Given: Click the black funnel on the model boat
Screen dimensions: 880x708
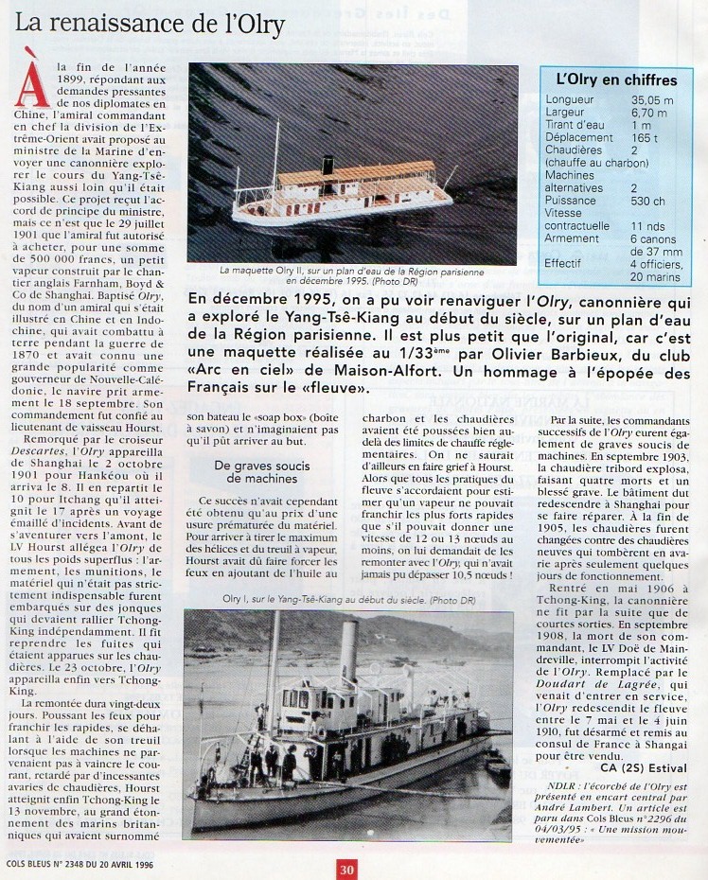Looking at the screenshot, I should coord(328,166).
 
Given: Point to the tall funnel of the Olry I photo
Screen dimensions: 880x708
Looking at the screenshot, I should coord(348,654).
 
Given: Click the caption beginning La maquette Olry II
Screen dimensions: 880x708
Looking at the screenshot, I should coord(351,274).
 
